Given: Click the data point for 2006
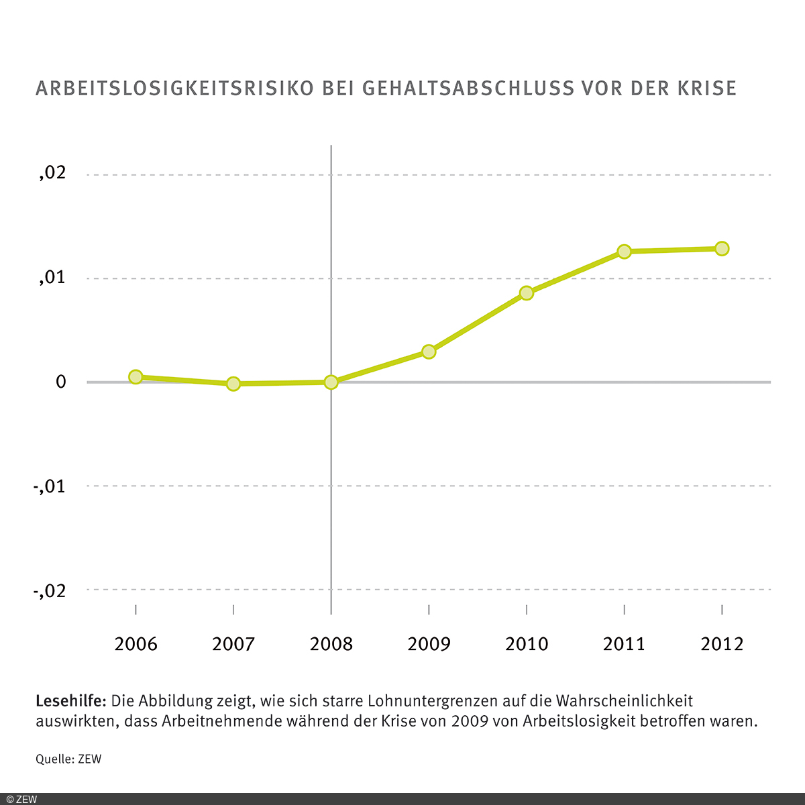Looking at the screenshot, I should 136,377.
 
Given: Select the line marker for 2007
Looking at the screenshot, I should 233,384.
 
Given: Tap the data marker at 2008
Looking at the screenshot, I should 331,382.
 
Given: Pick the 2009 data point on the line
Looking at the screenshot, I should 429,352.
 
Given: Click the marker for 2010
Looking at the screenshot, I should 527,293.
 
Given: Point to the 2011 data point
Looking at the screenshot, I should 624,252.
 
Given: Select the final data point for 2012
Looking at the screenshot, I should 722,249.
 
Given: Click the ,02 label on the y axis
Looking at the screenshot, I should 52,173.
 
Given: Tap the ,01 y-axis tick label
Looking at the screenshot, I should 52,277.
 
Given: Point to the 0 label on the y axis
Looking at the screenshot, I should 61,382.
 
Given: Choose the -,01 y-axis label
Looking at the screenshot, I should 50,486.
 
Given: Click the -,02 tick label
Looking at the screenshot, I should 50,590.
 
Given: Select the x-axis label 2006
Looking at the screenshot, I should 136,645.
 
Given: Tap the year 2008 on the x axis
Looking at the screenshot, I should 331,645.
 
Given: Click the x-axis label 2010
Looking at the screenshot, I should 527,645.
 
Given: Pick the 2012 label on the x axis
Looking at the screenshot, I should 722,645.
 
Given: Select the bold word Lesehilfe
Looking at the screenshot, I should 70,702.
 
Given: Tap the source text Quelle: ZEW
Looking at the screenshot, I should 68,759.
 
